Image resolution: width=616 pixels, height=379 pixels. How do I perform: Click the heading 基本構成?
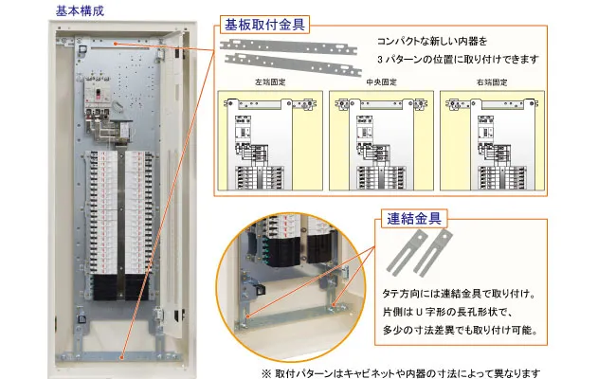tap(80, 10)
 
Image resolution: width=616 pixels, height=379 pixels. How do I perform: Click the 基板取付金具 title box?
tap(264, 25)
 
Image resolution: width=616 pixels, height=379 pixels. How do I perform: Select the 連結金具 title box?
tap(414, 218)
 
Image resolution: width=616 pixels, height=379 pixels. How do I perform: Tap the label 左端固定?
tap(270, 82)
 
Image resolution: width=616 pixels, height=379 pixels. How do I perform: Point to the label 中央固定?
tap(382, 82)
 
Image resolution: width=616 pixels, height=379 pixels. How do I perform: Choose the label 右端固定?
tap(492, 82)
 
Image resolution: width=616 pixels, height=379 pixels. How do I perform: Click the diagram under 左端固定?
tap(270, 141)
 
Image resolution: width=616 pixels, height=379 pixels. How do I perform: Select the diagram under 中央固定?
tap(382, 141)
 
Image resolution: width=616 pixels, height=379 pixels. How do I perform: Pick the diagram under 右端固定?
tap(492, 141)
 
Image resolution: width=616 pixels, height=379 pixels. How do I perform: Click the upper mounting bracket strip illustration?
tap(288, 46)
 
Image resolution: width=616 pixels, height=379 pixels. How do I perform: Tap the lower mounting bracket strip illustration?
tap(293, 64)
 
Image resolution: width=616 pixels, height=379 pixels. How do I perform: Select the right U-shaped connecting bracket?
tap(433, 253)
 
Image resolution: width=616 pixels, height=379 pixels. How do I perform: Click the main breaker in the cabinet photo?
tap(98, 96)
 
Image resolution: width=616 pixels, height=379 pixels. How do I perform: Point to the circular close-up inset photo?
tap(291, 287)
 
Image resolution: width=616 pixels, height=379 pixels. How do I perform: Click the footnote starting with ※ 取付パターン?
tap(401, 372)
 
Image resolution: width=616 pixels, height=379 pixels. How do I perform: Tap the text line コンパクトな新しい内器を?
tap(432, 42)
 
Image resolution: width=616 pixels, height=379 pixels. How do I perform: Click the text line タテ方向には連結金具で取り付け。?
tap(460, 294)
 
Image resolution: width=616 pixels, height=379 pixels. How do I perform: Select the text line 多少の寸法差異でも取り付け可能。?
tap(460, 330)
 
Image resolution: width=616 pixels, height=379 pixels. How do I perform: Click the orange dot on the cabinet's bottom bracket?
tap(122, 357)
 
